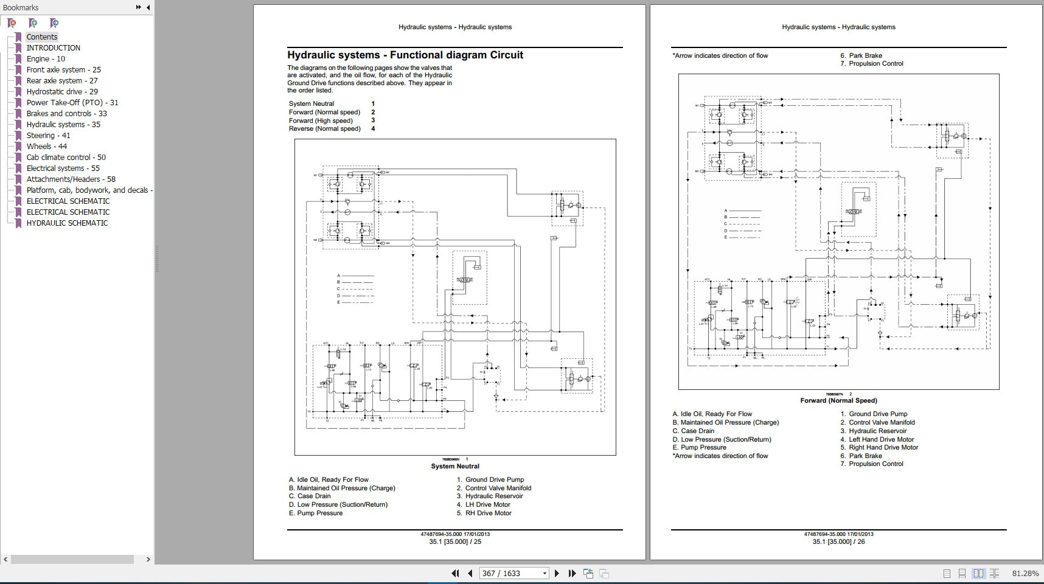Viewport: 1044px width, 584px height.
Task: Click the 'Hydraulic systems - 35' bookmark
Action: [63, 125]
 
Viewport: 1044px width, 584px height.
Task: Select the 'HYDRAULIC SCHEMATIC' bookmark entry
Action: [67, 223]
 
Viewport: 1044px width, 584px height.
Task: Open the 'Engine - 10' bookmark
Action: [46, 59]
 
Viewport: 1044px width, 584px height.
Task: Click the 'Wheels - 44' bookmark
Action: [47, 147]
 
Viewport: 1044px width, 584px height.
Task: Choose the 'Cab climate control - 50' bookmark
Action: [66, 158]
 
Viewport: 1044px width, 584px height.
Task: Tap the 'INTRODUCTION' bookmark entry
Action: [53, 48]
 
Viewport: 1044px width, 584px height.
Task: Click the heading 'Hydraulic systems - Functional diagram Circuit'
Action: [405, 55]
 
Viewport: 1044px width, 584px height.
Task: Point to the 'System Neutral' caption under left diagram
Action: [455, 467]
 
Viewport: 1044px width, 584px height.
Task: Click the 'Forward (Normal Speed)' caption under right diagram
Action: [838, 401]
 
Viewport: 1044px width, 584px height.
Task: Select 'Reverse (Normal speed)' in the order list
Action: [325, 129]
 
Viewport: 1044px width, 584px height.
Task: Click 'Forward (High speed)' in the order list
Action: [321, 120]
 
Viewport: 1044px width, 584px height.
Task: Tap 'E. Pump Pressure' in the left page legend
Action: [316, 513]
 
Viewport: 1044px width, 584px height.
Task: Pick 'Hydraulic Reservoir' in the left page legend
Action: [493, 496]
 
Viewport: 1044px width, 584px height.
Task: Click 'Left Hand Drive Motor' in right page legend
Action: [881, 440]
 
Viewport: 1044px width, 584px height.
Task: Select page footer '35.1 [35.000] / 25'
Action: [455, 542]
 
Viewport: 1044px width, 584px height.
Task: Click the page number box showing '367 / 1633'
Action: [510, 574]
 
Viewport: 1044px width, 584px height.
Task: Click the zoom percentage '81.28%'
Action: [1025, 574]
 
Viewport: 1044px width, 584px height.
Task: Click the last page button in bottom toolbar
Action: [572, 574]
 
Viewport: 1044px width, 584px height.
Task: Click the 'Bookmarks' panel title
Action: [21, 8]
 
